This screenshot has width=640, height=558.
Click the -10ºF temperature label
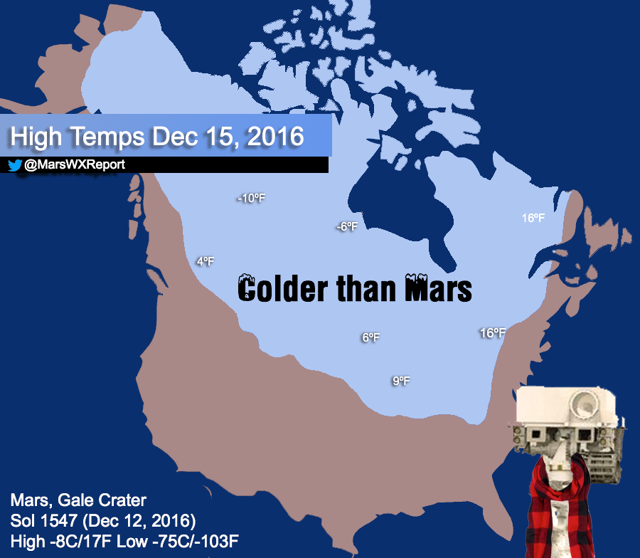click(250, 199)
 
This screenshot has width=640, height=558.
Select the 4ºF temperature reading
click(205, 262)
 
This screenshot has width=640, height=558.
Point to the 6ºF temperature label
click(370, 338)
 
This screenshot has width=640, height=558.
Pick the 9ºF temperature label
click(401, 381)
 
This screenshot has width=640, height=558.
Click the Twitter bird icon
click(14, 165)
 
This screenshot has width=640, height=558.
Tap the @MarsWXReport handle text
click(65, 165)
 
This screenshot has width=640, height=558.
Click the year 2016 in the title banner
click(274, 135)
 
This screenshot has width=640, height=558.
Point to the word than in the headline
click(366, 290)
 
